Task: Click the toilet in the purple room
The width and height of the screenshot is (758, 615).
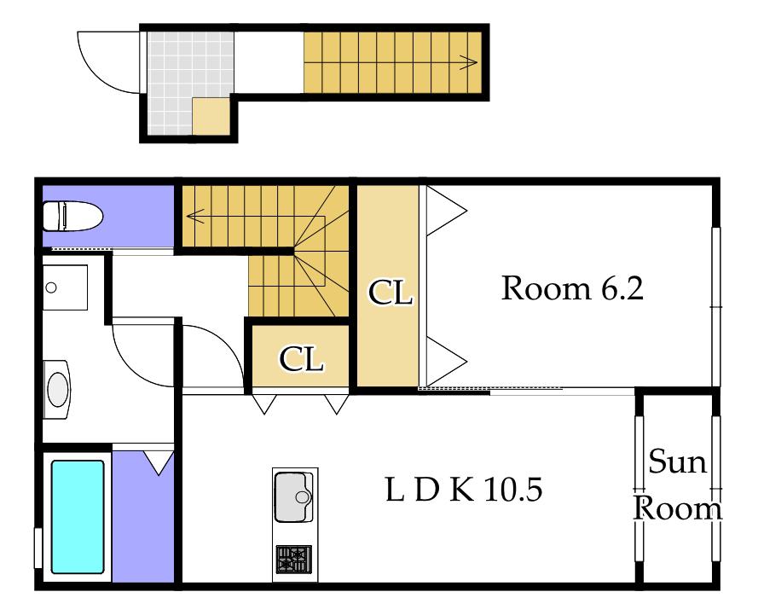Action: [72, 216]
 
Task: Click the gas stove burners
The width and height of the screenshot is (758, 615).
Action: [294, 559]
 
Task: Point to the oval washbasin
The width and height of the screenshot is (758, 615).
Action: [57, 389]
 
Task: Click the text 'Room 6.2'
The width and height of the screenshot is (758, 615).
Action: [572, 288]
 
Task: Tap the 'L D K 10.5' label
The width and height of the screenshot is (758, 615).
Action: [464, 490]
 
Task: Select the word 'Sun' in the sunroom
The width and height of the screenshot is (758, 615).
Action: [677, 461]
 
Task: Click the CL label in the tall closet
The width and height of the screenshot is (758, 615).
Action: [391, 292]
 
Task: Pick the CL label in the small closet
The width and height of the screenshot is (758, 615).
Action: [301, 359]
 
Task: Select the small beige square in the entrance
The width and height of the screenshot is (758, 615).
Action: [211, 116]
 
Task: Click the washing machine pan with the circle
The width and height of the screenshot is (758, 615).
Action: [66, 287]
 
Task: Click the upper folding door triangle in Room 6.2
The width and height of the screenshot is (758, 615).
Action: [446, 211]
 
